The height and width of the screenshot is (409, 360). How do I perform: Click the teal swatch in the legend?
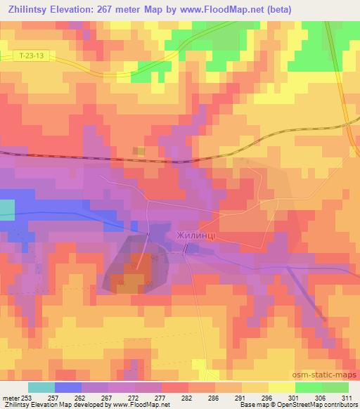tap(41, 387)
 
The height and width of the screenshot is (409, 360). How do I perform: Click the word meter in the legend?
tap(12, 398)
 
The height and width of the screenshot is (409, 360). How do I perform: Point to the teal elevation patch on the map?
tap(6, 209)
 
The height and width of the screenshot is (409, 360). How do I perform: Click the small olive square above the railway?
tap(140, 151)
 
